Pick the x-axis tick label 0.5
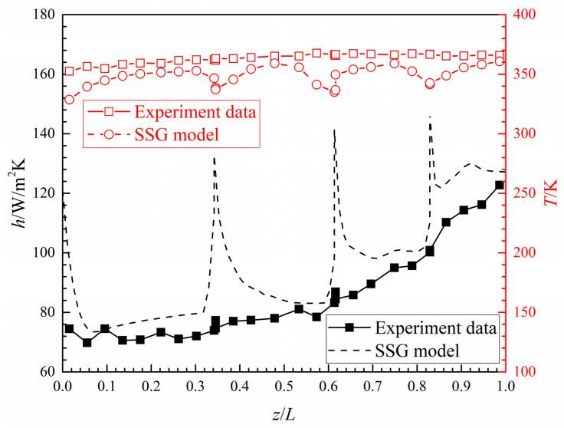tap(284, 387)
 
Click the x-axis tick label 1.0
tap(504, 387)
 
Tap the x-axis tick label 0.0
tap(63, 387)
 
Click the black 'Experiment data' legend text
tap(437, 327)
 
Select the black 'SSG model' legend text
tap(418, 351)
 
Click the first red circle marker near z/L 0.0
tap(69, 100)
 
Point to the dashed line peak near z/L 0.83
tap(429, 117)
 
